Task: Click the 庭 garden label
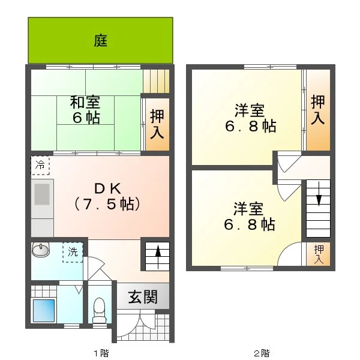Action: (101, 40)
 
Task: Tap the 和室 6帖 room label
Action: (85, 110)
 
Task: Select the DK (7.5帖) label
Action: (107, 196)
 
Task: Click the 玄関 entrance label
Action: (143, 296)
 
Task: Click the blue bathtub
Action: (44, 310)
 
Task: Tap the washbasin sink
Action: (41, 250)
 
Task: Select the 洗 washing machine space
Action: (73, 253)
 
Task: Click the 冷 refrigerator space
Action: (40, 166)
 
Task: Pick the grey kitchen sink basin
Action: (42, 194)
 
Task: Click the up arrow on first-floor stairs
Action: (158, 256)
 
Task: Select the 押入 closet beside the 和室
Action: (157, 124)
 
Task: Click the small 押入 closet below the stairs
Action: (319, 254)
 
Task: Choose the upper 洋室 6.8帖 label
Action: (250, 118)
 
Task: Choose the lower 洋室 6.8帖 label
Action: (249, 216)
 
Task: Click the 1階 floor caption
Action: (101, 353)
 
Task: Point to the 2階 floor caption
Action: (262, 353)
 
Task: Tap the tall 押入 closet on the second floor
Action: (318, 110)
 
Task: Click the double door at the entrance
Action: (136, 324)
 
